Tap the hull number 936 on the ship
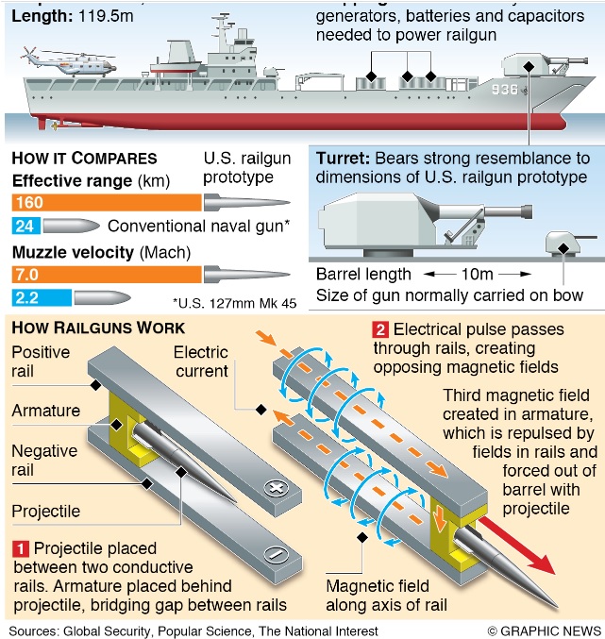pyautogui.click(x=504, y=92)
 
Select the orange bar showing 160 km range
pyautogui.click(x=107, y=202)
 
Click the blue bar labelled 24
pyautogui.click(x=25, y=227)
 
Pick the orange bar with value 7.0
pyautogui.click(x=107, y=274)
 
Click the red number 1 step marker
pyautogui.click(x=20, y=548)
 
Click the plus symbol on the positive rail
pyautogui.click(x=276, y=487)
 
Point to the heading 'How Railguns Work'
pyautogui.click(x=97, y=328)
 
